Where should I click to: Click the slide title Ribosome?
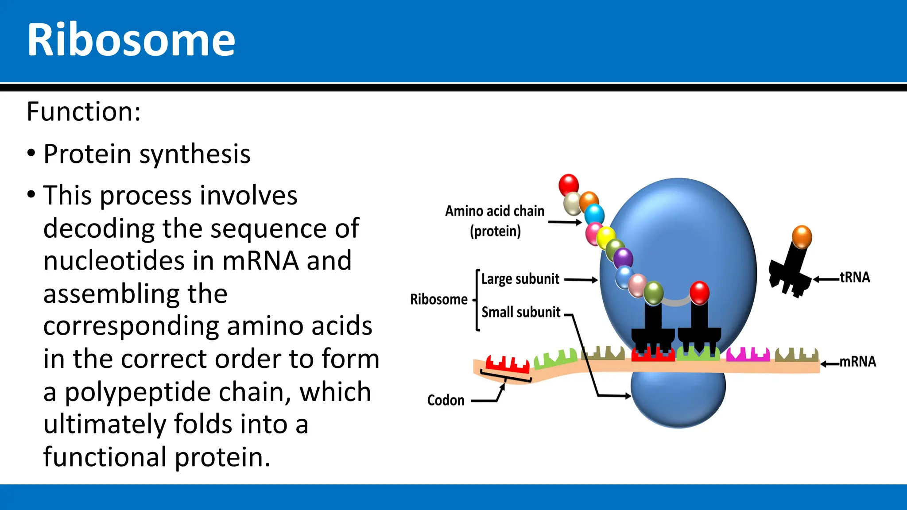131,41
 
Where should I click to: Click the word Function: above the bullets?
84,112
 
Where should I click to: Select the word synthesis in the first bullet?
195,154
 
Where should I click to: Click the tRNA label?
855,278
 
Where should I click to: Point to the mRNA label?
858,362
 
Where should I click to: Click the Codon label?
446,400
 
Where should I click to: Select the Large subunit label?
520,279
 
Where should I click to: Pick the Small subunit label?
521,313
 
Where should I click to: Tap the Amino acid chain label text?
495,211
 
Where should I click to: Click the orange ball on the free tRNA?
802,237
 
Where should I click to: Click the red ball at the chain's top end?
569,184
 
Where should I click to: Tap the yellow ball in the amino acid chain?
606,237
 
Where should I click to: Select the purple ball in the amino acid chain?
623,258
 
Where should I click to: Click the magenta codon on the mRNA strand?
748,355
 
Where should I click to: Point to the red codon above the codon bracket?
508,364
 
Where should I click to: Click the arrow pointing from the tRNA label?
826,279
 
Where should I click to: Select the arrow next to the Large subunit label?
581,280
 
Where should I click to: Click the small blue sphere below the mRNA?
678,398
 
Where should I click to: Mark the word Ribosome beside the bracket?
438,300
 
